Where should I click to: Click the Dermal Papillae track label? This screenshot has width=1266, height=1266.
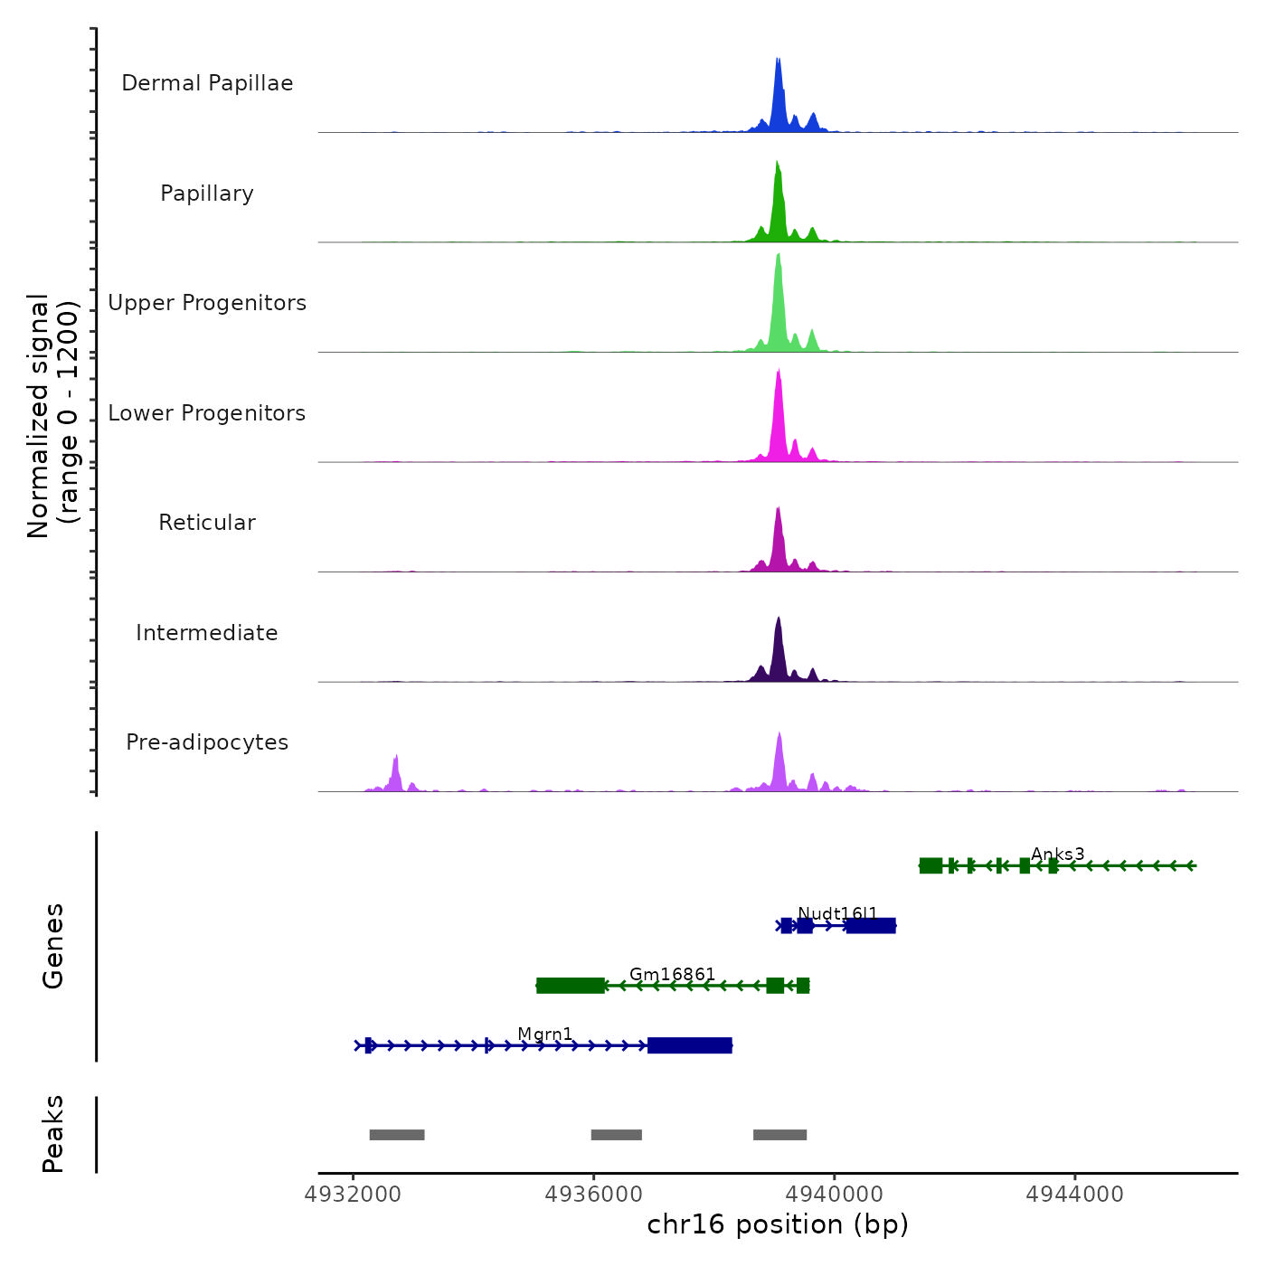207,83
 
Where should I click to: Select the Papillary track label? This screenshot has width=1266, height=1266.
207,194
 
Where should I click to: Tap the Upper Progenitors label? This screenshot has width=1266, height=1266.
207,303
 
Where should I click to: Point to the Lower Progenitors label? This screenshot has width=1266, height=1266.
207,413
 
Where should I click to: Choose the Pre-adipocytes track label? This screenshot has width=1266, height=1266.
207,742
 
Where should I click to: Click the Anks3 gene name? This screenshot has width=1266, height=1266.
1057,854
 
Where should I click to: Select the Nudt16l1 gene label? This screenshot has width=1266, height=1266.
837,913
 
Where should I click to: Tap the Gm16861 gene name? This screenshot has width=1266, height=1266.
672,974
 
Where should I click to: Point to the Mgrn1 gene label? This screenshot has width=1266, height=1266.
544,1034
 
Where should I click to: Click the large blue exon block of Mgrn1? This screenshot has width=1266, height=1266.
689,1046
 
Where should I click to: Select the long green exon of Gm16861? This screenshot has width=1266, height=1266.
570,986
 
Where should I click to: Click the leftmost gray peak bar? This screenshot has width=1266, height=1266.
396,1135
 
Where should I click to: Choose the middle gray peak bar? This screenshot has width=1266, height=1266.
616,1135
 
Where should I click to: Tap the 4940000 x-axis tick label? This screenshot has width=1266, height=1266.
834,1194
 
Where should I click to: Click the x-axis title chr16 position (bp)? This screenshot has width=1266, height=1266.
778,1224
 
